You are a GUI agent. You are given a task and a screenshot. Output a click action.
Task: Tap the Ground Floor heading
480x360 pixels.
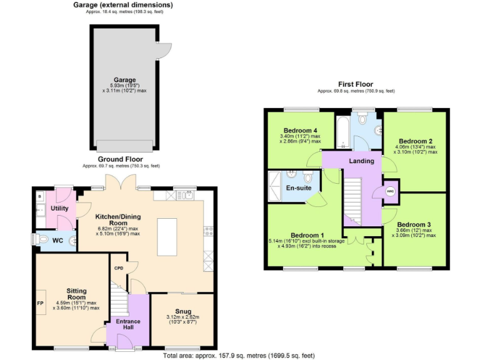121,159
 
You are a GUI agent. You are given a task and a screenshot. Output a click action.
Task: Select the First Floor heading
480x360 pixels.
356,84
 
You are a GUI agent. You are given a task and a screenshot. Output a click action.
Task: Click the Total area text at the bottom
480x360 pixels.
239,355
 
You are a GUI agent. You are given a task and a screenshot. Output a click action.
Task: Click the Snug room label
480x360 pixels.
183,311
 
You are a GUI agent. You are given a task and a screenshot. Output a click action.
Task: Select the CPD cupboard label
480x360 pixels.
118,267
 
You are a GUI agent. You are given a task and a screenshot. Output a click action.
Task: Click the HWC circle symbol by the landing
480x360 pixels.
390,192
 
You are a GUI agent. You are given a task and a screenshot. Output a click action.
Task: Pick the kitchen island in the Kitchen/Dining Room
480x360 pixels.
167,236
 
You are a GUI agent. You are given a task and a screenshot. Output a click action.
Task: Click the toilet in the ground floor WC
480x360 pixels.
41,239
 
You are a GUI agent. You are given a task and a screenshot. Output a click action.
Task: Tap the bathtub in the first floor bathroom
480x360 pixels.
342,132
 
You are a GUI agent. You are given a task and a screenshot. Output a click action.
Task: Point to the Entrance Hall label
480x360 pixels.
127,324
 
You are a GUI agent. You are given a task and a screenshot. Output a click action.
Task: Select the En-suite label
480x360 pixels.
299,187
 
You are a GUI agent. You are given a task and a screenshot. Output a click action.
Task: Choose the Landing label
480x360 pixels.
361,161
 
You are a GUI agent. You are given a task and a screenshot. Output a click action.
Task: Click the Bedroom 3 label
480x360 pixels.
413,224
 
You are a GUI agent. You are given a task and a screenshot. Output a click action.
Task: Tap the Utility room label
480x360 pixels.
60,207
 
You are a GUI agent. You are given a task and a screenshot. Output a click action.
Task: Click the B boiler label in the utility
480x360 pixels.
40,196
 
